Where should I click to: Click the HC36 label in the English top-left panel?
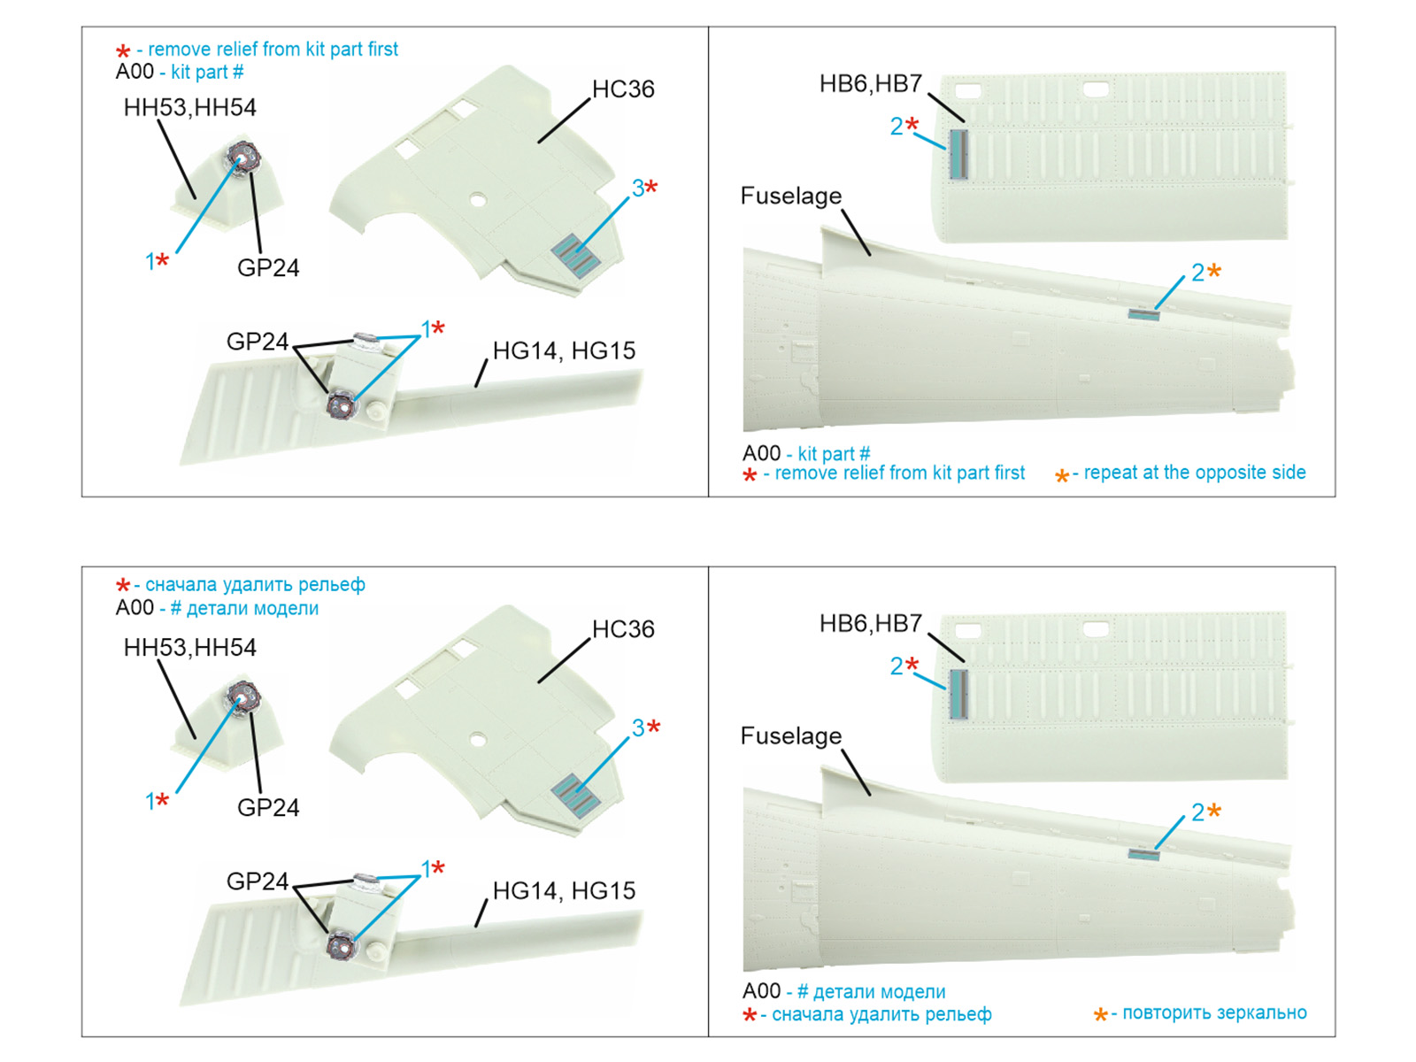623,89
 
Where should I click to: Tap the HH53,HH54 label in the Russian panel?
189,648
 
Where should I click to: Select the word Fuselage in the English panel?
790,196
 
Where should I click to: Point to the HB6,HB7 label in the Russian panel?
870,624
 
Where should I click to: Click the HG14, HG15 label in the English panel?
564,351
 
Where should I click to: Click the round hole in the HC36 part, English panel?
478,200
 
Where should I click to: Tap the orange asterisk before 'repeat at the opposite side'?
1061,476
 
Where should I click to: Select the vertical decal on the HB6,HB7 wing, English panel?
958,154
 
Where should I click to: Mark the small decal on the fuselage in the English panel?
1143,314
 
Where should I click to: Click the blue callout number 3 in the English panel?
637,189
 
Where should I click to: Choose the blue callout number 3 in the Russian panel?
637,728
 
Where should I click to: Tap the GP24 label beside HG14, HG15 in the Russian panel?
257,881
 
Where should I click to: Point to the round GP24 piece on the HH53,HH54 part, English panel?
243,158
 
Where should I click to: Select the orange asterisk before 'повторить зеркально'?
1100,1014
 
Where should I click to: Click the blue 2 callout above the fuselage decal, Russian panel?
1197,812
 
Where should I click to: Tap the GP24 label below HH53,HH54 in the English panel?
268,268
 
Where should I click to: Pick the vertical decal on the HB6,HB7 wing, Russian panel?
958,694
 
